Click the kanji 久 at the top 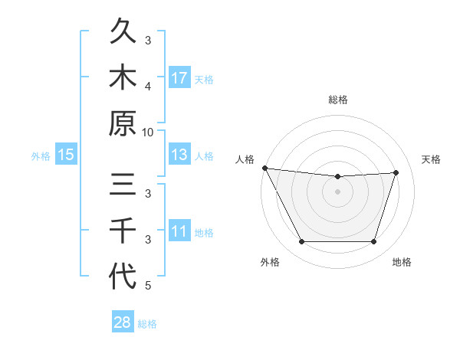point(123,33)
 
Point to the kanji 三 point(123,185)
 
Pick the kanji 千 point(123,231)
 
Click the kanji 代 point(123,276)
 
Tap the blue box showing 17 point(179,78)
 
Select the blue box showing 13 point(179,155)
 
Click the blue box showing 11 point(179,231)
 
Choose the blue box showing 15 point(66,155)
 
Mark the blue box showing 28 point(122,322)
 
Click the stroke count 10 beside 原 point(149,132)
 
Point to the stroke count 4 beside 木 point(149,86)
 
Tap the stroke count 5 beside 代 point(149,286)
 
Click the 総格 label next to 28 point(147,324)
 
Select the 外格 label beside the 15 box point(41,156)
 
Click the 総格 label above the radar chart point(338,100)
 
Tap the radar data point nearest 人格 point(264,168)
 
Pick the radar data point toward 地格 point(374,242)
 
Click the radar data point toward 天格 point(396,172)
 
